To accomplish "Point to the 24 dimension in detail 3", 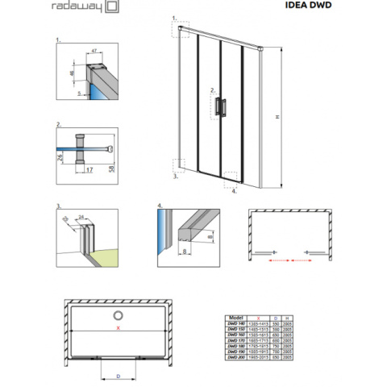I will [x=81, y=216].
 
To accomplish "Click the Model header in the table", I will [x=237, y=318].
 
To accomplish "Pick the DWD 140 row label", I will [x=237, y=325].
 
